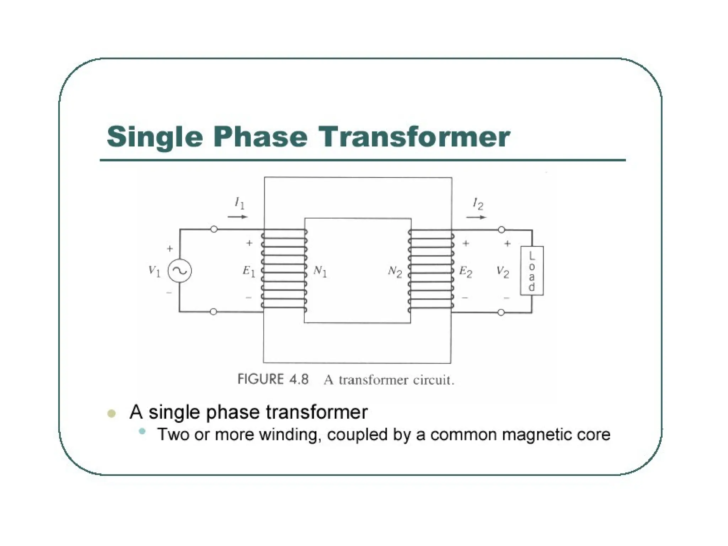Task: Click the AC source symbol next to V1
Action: pyautogui.click(x=180, y=271)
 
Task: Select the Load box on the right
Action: pyautogui.click(x=532, y=271)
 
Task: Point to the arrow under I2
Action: pyautogui.click(x=476, y=217)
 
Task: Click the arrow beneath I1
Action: pyautogui.click(x=237, y=216)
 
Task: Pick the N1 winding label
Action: pyautogui.click(x=320, y=272)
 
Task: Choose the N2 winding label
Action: pyautogui.click(x=395, y=272)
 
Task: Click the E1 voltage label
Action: pyautogui.click(x=249, y=272)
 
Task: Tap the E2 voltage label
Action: pyautogui.click(x=466, y=272)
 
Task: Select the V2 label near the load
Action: pyautogui.click(x=503, y=272)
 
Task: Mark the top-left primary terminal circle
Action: pyautogui.click(x=214, y=230)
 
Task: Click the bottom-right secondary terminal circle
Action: pyautogui.click(x=501, y=313)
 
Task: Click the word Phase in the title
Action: pyautogui.click(x=260, y=137)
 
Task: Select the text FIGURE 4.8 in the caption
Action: pyautogui.click(x=273, y=379)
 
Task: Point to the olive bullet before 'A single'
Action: pyautogui.click(x=112, y=413)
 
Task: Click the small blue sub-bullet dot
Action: pyautogui.click(x=142, y=432)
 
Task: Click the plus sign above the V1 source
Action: pyautogui.click(x=170, y=249)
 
